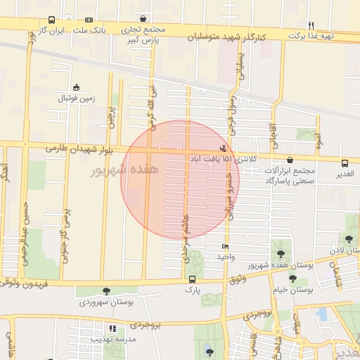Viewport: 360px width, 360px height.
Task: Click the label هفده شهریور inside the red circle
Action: [x=125, y=169]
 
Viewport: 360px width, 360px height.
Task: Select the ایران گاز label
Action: [x=51, y=32]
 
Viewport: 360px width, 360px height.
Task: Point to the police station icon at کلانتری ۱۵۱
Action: [x=224, y=148]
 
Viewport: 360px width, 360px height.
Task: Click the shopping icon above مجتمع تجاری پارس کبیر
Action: [x=144, y=19]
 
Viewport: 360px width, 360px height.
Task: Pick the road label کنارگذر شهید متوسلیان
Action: [x=232, y=37]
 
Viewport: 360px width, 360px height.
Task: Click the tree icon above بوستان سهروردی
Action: [x=107, y=290]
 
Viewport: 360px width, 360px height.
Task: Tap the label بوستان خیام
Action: [x=292, y=289]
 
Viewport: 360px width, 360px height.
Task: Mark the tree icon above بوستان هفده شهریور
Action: [x=281, y=253]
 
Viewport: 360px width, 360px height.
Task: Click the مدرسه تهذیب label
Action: [x=112, y=339]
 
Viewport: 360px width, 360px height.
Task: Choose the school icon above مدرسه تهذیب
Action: [x=112, y=328]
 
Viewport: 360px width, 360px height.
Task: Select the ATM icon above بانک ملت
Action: [x=89, y=20]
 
